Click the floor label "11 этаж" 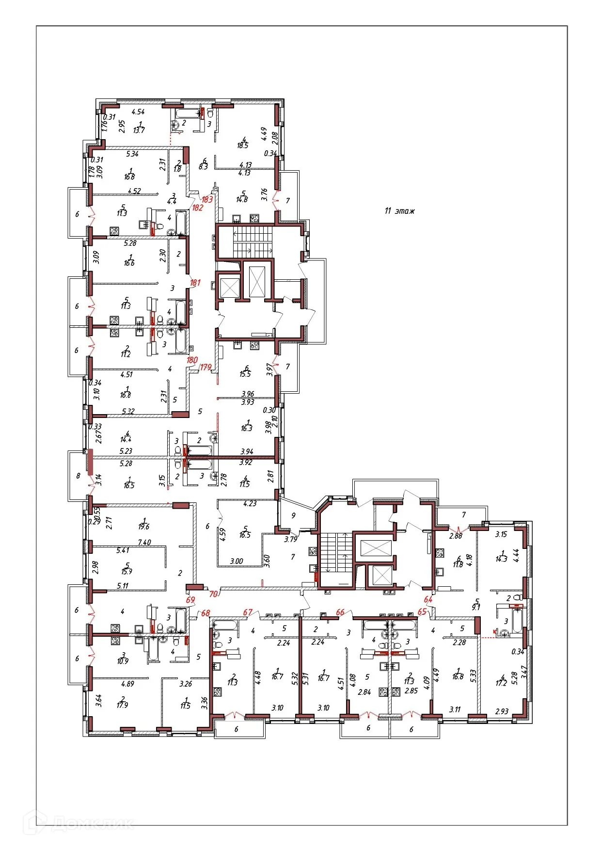click(399, 211)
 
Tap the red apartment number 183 click(207, 199)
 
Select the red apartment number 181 click(195, 283)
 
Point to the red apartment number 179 click(206, 367)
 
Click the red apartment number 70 click(213, 594)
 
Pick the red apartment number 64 click(428, 599)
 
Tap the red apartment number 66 click(340, 612)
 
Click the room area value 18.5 click(243, 145)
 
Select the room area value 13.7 click(139, 130)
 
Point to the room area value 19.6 click(143, 526)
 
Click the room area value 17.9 click(122, 705)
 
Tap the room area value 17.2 click(501, 683)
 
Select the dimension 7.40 click(144, 542)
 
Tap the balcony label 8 click(78, 476)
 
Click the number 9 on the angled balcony click(293, 515)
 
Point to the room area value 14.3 click(501, 559)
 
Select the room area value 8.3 click(204, 166)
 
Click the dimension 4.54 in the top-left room click(138, 112)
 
